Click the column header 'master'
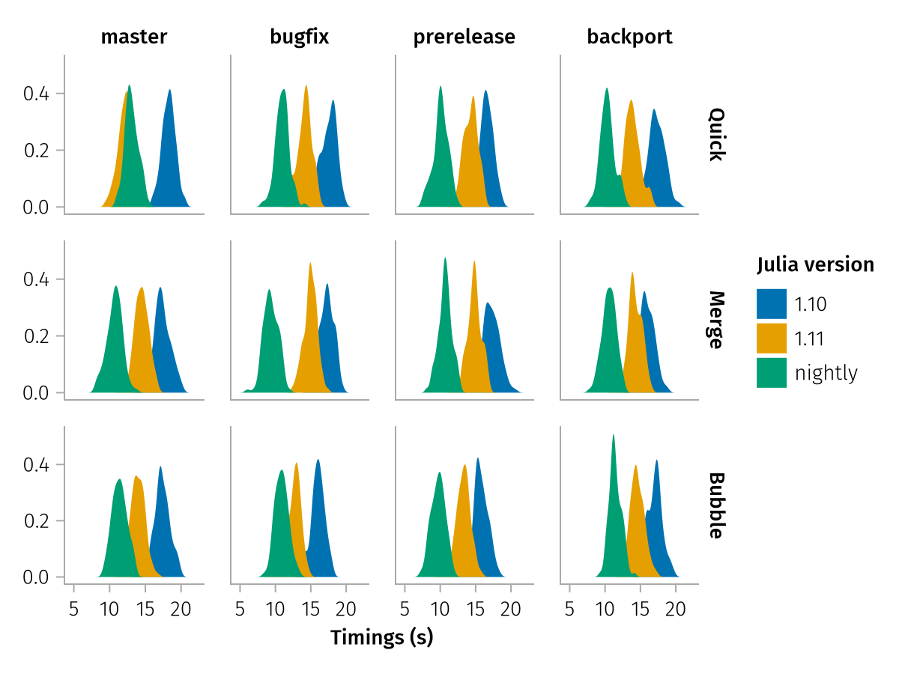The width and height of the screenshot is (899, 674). (134, 37)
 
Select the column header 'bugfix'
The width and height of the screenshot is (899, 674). (300, 37)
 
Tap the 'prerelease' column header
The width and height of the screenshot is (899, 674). (464, 37)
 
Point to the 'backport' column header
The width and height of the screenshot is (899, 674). (629, 37)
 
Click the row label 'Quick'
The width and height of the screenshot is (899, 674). (716, 135)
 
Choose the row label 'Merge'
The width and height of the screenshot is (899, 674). (716, 321)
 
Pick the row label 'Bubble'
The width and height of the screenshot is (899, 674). (716, 506)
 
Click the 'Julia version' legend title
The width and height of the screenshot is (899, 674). (815, 264)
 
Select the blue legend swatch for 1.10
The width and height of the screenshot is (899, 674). (772, 303)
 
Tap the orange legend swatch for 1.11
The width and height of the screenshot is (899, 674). (772, 338)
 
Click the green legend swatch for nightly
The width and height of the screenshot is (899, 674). (772, 372)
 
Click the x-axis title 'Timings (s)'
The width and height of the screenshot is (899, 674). (382, 638)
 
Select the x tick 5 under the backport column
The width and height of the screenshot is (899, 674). (570, 607)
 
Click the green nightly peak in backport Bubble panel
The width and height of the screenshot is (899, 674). (614, 437)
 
